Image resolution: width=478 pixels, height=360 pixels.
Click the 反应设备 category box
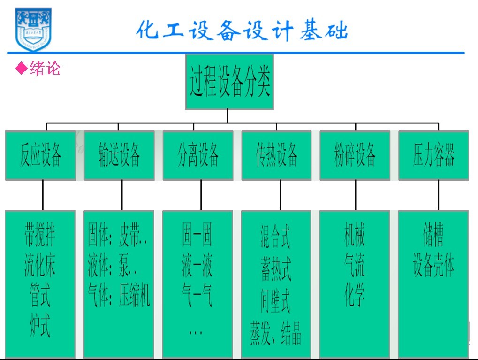point(41,155)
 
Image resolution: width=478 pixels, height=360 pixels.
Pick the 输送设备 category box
point(119,155)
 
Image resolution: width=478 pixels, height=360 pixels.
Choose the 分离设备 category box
point(198,155)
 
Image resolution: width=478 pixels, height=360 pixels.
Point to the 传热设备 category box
point(276,155)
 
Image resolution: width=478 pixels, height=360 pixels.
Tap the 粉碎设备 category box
point(355,155)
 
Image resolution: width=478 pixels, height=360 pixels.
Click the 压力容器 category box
point(433,155)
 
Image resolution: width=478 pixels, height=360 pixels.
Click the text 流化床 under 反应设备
point(40,266)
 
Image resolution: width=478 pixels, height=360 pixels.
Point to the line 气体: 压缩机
point(119,296)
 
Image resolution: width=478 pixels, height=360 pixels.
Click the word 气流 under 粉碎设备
point(355,266)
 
